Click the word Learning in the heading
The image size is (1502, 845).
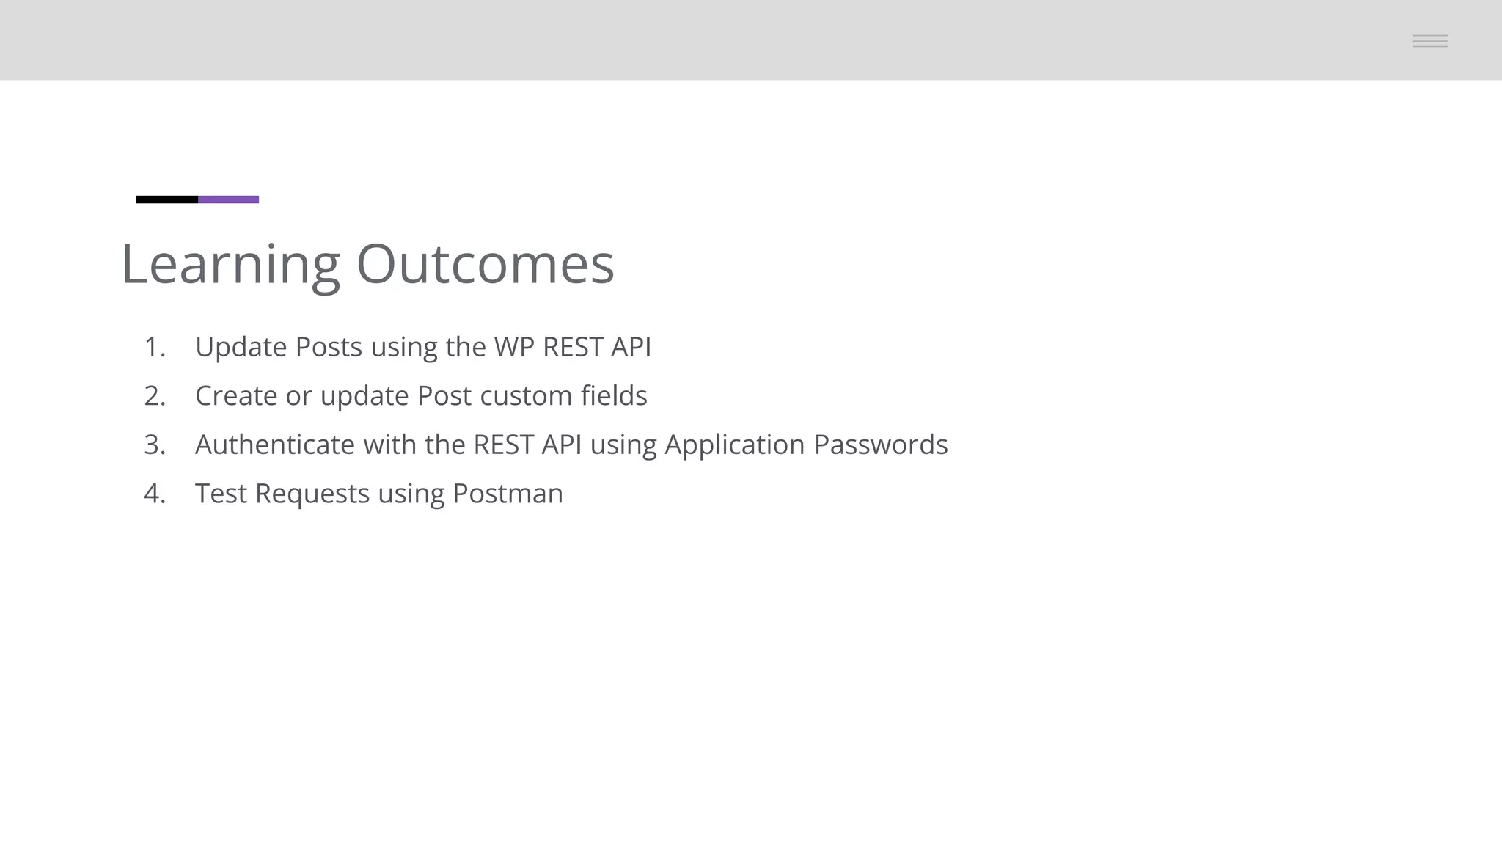pos(230,265)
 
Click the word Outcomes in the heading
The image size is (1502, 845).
pos(485,264)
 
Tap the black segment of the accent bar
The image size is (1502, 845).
pos(167,200)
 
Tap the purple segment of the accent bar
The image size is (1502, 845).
pos(229,200)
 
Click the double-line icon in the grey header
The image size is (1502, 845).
pos(1429,41)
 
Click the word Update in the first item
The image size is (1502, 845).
pos(241,348)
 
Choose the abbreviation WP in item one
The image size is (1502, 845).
pos(513,347)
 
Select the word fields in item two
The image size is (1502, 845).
pos(614,395)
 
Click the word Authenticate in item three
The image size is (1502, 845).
pos(274,445)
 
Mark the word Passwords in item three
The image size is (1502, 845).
pos(881,445)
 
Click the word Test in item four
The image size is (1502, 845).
pos(221,494)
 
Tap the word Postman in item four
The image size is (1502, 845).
pos(508,494)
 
